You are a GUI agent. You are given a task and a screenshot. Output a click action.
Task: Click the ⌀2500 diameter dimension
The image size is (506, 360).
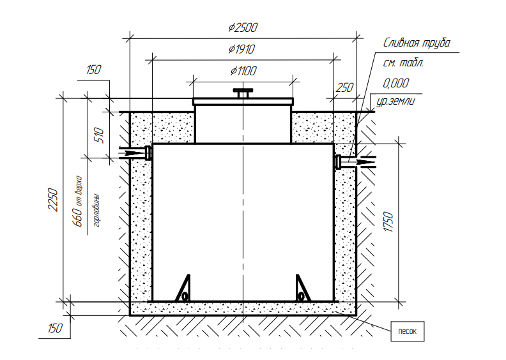[243, 27]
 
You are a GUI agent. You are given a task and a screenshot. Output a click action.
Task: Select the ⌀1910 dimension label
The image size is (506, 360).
[241, 49]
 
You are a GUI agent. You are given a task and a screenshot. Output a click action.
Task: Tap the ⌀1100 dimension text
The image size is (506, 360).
[243, 71]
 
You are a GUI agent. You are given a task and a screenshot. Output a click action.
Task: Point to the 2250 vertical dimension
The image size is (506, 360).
[53, 200]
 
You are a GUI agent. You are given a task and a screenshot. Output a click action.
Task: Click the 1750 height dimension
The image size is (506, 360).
[388, 221]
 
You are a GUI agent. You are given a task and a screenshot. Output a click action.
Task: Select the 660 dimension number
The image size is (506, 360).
[79, 217]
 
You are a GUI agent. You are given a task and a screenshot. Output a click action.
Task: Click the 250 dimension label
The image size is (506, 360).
[344, 87]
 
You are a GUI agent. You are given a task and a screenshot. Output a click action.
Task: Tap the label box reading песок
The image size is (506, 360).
[407, 331]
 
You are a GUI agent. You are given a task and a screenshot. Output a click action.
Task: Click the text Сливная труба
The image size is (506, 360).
[417, 43]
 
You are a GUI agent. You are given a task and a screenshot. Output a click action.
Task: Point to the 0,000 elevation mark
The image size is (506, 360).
[396, 83]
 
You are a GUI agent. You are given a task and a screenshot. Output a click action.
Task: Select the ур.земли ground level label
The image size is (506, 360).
[395, 101]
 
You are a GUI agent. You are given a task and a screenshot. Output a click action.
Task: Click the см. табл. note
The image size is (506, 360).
[403, 63]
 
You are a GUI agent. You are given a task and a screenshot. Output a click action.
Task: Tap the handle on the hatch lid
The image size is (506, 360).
[243, 93]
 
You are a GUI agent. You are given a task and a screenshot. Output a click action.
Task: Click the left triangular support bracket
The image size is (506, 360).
[183, 288]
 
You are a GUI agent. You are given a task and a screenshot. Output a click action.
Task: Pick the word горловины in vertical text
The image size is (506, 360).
[96, 211]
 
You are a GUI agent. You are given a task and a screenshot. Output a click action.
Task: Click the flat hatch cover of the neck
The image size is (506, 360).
[243, 102]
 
